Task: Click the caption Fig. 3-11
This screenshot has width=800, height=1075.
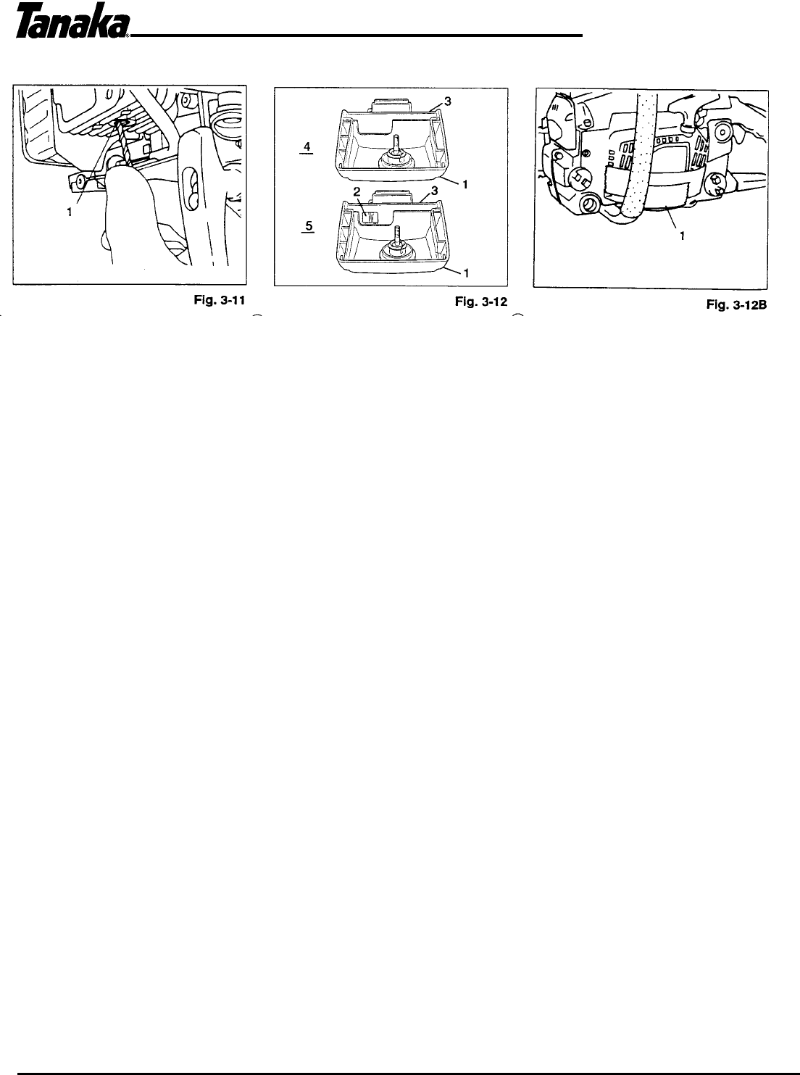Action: pos(222,298)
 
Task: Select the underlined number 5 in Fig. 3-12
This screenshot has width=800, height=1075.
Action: pos(308,226)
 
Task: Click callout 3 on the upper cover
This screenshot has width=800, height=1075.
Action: pos(448,103)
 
